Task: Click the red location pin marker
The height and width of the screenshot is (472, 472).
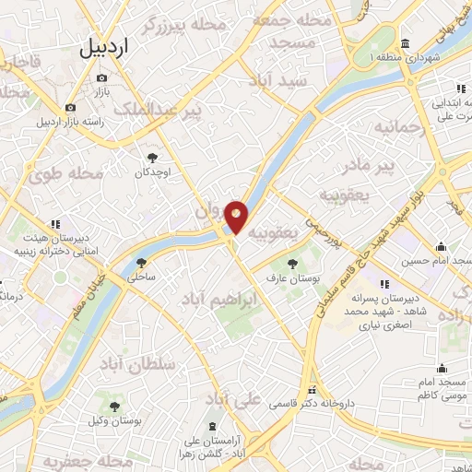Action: pos(237,217)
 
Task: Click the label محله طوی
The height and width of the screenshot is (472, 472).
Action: pos(65,172)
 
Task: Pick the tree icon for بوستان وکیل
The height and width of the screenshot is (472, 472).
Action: pos(115,406)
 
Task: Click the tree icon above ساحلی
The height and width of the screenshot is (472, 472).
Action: pos(140,263)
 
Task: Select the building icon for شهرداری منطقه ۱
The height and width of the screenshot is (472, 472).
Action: pos(406,44)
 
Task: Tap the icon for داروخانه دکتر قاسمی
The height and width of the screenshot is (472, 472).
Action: pos(312,391)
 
